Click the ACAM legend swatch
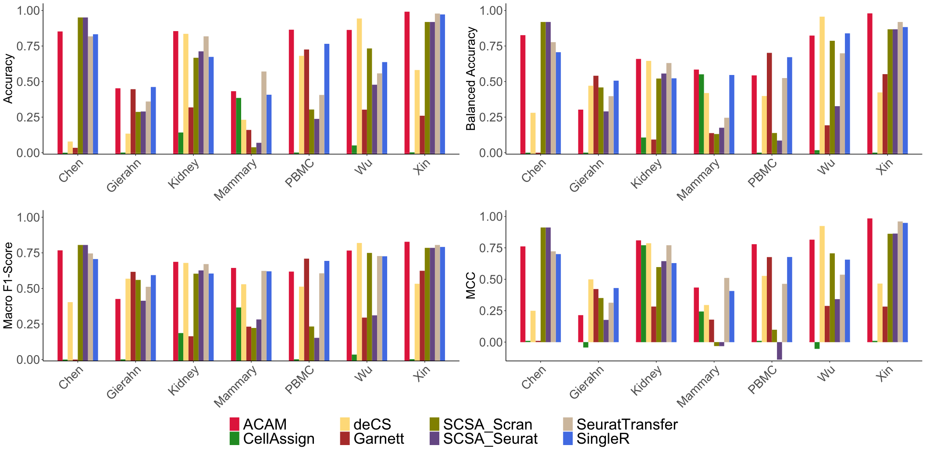(235, 424)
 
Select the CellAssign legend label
(278, 438)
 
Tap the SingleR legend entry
(603, 438)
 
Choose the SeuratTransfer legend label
(627, 424)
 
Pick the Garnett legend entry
(379, 438)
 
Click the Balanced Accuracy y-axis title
(471, 79)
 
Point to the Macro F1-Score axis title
(8, 285)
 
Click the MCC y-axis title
(471, 285)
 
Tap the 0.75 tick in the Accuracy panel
(28, 46)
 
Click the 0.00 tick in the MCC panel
(491, 342)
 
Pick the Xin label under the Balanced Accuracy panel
(886, 167)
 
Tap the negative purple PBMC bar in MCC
(779, 351)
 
